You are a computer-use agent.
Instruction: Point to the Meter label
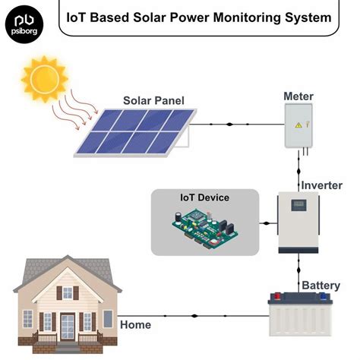(x=298, y=96)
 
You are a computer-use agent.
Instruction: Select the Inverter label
(x=321, y=186)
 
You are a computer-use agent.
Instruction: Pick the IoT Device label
(x=204, y=197)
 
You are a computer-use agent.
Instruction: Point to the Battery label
(x=321, y=286)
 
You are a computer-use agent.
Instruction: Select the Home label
(x=135, y=324)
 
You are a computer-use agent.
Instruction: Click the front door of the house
(x=68, y=326)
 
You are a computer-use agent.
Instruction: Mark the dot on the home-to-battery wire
(x=194, y=315)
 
